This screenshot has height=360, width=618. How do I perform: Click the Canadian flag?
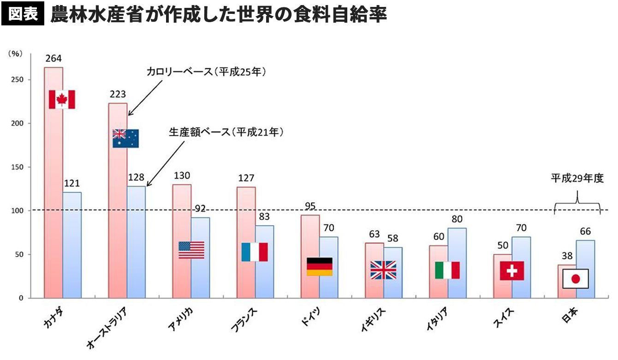[x=62, y=99]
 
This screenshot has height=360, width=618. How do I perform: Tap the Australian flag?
[x=125, y=138]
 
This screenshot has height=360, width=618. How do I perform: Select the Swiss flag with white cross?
[x=512, y=270]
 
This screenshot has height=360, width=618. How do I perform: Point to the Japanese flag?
[x=576, y=278]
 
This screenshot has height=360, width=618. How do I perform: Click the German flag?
[x=320, y=266]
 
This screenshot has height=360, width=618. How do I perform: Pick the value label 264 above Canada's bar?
[x=53, y=59]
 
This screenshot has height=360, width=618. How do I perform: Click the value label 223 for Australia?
[x=118, y=94]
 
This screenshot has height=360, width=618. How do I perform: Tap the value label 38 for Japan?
[x=566, y=256]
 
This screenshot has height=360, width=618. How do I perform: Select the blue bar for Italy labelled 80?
[x=457, y=263]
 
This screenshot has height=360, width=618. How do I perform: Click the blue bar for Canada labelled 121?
[x=72, y=245]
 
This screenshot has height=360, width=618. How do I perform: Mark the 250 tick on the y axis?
[x=18, y=80]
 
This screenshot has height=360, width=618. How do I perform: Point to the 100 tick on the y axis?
[x=18, y=211]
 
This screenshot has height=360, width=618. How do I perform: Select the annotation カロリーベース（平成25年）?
[x=207, y=72]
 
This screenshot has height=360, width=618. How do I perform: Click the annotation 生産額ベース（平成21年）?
[x=226, y=132]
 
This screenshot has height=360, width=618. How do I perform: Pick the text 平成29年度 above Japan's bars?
[x=577, y=179]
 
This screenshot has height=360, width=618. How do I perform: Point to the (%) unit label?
[x=15, y=54]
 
